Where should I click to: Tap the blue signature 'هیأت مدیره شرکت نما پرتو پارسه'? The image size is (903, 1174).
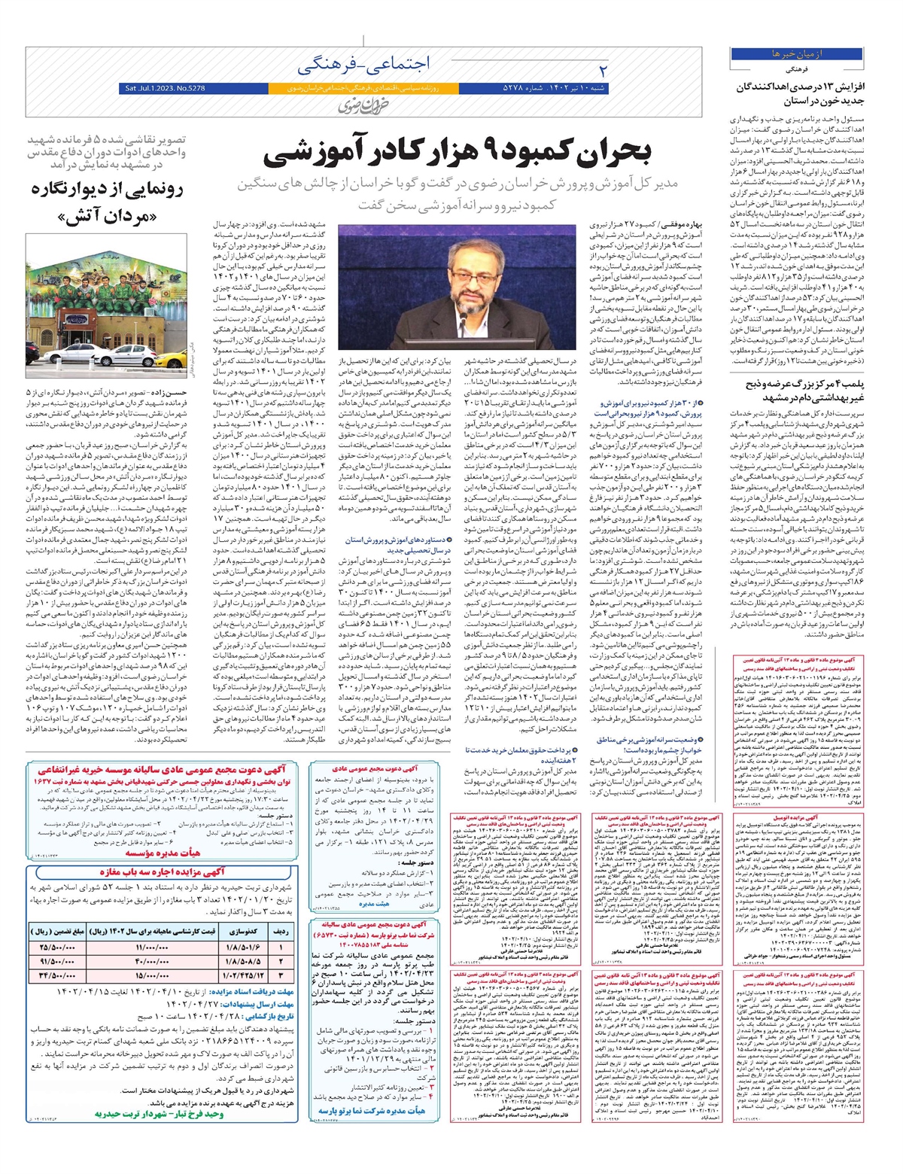pyautogui.click(x=372, y=1109)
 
